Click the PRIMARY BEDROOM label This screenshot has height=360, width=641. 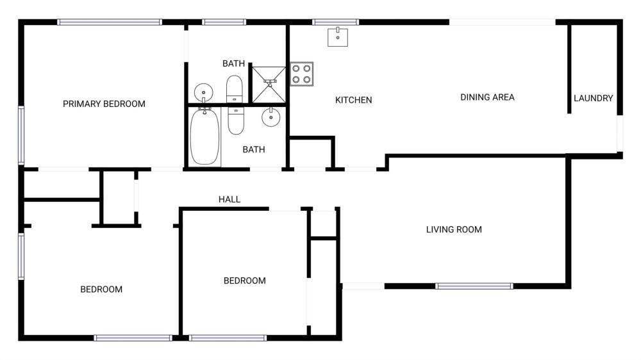pos(104,104)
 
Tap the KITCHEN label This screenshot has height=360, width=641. pos(354,100)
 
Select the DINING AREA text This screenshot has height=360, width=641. pos(487,97)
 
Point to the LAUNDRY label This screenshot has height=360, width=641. pos(593,98)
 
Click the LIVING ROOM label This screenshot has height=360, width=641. pos(454,230)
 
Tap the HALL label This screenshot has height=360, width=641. pos(229,199)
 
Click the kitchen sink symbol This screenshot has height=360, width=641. pos(338,37)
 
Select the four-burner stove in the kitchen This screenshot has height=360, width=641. pos(302,74)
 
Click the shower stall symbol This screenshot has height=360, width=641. pos(269,85)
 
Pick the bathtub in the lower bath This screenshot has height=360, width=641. pos(204,136)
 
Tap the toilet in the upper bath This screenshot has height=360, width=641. pos(234,88)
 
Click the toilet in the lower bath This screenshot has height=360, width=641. pos(236,120)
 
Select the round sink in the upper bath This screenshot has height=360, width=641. pos(203,92)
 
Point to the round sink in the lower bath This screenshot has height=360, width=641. pos(271,117)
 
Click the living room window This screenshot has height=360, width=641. pos(474,286)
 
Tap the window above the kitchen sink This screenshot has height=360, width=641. pos(336,22)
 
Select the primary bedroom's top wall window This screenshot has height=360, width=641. pos(110,22)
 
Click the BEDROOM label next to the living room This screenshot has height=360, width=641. pos(244,281)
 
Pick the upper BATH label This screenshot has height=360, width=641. pos(233,64)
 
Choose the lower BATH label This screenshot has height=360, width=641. pos(254,149)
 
